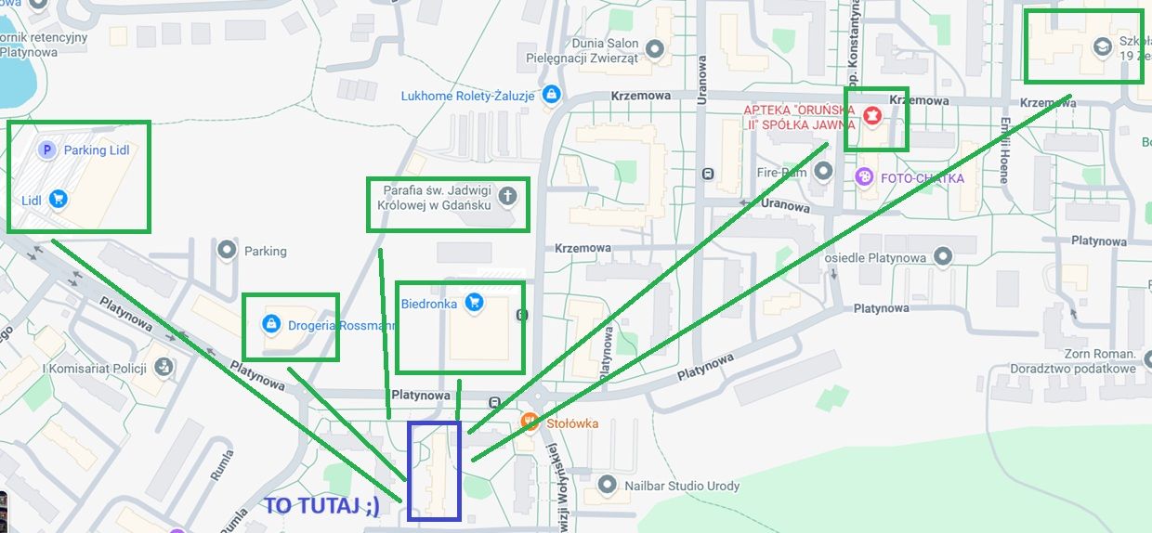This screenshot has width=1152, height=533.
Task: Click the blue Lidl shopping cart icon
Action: [x=58, y=198]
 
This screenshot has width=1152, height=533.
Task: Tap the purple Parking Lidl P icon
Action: [x=46, y=149]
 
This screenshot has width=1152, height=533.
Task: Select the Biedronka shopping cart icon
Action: [x=474, y=302]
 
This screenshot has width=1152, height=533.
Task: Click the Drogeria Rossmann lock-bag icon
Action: [x=271, y=324]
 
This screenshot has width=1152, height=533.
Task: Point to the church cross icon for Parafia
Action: [x=506, y=196]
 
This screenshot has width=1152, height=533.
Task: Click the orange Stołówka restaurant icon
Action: [x=530, y=422]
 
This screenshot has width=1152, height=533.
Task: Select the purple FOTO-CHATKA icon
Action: [x=865, y=176]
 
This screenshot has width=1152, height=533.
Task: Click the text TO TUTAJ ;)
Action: [x=322, y=506]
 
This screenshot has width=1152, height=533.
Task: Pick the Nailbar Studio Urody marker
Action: [x=608, y=485]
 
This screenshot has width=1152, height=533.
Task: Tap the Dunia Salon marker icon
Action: [x=654, y=48]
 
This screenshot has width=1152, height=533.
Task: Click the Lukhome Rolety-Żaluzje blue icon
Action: [x=552, y=94]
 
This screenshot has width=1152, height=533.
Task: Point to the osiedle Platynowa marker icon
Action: [x=944, y=255]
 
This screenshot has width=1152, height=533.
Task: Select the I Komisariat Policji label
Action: [x=95, y=368]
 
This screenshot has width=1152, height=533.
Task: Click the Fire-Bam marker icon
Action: [x=822, y=171]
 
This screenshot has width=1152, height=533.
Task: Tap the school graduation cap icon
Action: [x=1103, y=46]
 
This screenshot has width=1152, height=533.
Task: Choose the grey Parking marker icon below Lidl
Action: [x=226, y=250]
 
